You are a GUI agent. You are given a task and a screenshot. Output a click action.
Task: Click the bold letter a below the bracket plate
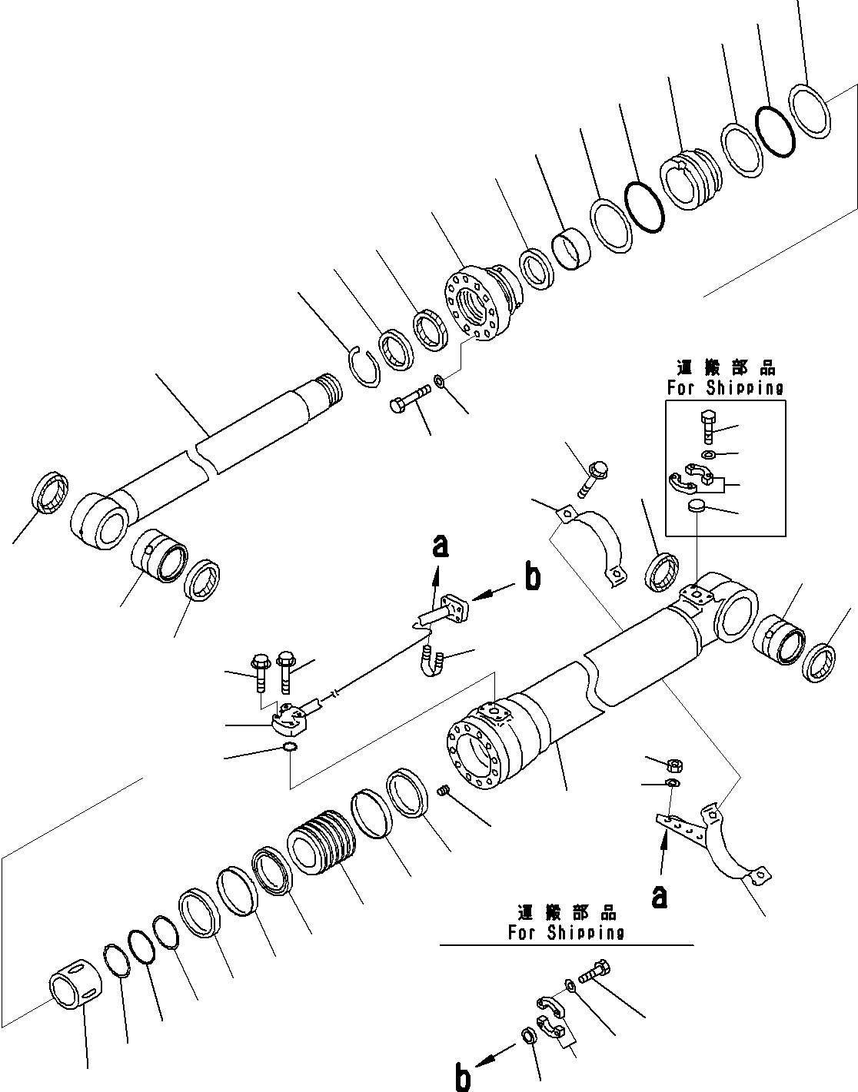click(x=659, y=896)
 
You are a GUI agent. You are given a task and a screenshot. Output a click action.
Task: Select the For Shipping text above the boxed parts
click(x=725, y=388)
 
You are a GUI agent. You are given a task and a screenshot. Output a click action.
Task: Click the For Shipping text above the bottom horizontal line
click(x=566, y=933)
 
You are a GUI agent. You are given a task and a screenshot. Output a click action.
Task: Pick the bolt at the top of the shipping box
click(x=708, y=425)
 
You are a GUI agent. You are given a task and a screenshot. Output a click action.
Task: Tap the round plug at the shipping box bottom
click(x=695, y=506)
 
